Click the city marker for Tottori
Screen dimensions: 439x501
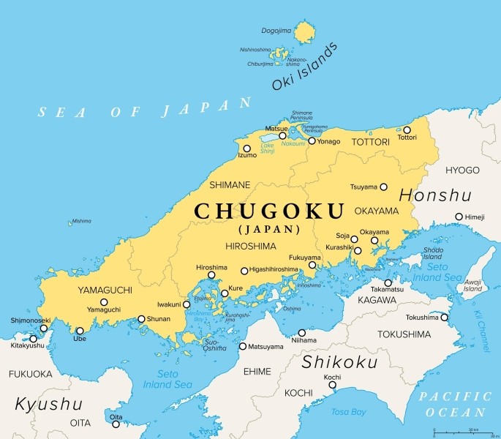pyautogui.click(x=407, y=130)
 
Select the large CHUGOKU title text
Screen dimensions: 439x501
pyautogui.click(x=268, y=211)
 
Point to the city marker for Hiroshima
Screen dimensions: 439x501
pyautogui.click(x=211, y=276)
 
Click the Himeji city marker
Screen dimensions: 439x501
pyautogui.click(x=459, y=217)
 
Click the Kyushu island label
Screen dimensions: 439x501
pyautogui.click(x=48, y=404)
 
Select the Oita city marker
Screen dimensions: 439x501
pyautogui.click(x=116, y=424)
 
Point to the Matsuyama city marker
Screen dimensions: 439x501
pyautogui.click(x=243, y=346)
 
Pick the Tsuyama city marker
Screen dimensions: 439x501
pyautogui.click(x=383, y=187)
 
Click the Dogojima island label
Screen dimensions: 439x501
pyautogui.click(x=276, y=31)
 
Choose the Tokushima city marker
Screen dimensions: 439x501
pyautogui.click(x=445, y=318)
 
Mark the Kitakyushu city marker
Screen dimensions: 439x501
pyautogui.click(x=33, y=339)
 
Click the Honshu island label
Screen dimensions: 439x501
pyautogui.click(x=434, y=196)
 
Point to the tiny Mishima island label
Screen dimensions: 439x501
pyautogui.click(x=82, y=220)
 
